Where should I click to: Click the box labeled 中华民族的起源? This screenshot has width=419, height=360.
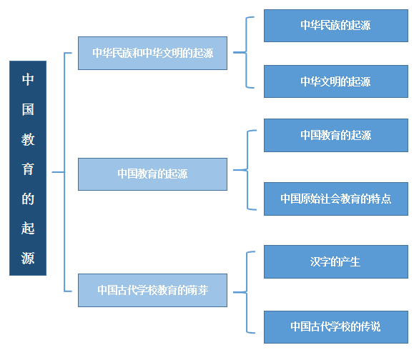(x=336, y=26)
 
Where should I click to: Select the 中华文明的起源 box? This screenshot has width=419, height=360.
(x=336, y=81)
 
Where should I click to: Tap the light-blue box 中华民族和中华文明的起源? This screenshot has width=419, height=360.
(x=152, y=53)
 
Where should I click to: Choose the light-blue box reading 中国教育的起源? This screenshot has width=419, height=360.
(x=152, y=174)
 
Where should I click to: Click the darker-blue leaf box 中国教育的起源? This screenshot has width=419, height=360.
(x=336, y=135)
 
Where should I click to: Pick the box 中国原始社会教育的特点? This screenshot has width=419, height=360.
(x=336, y=199)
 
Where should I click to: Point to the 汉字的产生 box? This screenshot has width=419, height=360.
(x=336, y=262)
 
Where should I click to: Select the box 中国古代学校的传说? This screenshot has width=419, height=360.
(x=336, y=327)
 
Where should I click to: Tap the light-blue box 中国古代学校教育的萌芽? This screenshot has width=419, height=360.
(x=152, y=290)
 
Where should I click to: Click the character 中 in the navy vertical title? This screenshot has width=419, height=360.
(x=28, y=79)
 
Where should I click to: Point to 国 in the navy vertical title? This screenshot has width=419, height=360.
(x=28, y=109)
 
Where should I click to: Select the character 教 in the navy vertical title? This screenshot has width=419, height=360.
(x=28, y=139)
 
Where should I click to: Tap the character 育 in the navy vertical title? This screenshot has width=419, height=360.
(x=28, y=169)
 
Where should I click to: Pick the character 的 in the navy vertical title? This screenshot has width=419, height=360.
(x=28, y=199)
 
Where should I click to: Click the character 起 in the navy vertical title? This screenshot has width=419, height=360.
(x=28, y=229)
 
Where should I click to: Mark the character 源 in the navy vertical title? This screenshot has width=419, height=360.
(x=28, y=258)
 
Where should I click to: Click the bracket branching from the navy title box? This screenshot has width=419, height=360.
(x=64, y=172)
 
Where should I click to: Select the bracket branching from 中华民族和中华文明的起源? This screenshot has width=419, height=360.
(x=246, y=52)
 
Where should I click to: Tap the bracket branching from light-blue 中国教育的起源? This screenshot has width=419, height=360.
(x=247, y=170)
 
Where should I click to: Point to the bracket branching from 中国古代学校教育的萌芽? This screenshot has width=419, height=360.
(x=247, y=292)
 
